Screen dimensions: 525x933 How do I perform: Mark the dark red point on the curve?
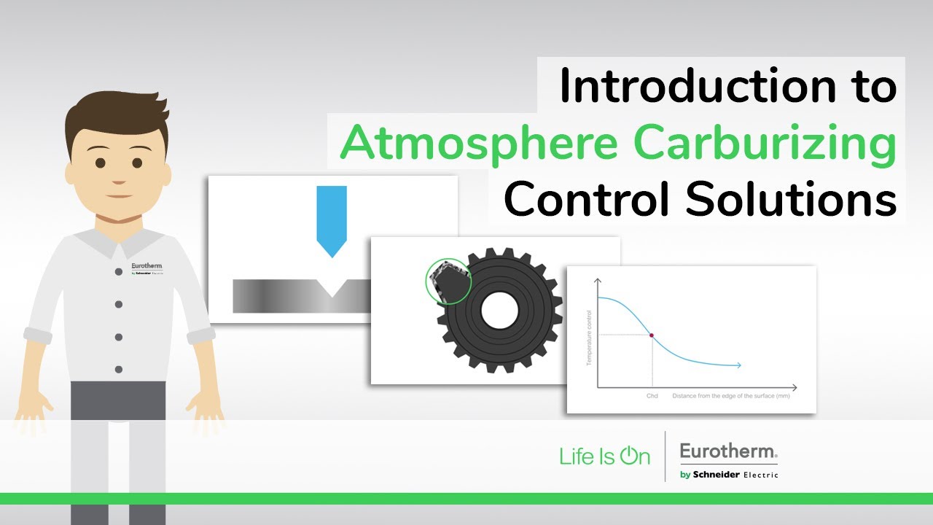652,335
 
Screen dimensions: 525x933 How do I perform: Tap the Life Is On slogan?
604,456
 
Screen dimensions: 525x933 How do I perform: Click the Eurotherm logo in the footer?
728,452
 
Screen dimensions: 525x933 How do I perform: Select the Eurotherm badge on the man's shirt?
147,268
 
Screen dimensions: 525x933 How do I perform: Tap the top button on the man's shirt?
118,271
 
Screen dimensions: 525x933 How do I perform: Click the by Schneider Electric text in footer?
728,475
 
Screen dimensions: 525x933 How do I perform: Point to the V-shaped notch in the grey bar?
332,288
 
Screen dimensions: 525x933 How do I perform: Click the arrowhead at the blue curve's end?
738,365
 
